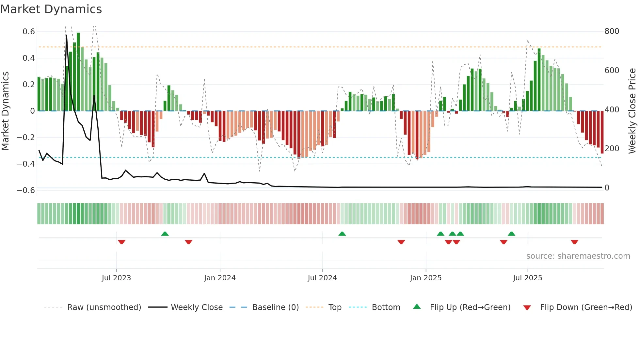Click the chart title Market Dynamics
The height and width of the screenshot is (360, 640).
(51, 9)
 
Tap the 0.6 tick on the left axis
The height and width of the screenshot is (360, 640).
(29, 32)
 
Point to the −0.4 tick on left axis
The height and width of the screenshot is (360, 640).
(26, 164)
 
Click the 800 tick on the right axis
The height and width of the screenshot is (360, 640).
(612, 31)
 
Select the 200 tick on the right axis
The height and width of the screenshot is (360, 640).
(612, 149)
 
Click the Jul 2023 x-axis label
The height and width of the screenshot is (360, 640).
(116, 278)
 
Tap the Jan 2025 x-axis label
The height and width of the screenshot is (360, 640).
(425, 278)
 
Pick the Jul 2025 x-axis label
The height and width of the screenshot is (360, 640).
(527, 278)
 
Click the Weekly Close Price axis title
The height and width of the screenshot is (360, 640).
(632, 111)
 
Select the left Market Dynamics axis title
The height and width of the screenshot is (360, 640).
(5, 111)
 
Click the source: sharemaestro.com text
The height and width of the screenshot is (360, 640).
(578, 256)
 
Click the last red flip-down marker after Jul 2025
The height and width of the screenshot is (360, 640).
(574, 242)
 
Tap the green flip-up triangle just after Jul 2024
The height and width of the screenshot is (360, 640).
(342, 234)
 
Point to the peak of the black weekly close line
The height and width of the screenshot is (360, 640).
(66, 35)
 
